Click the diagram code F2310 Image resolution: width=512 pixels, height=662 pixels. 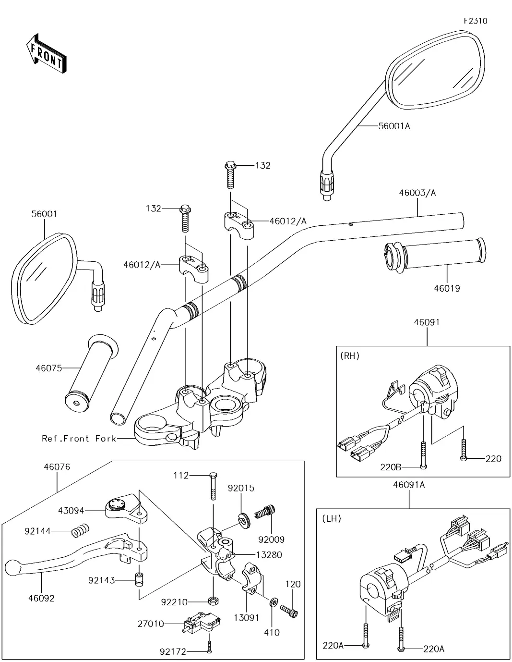click(x=475, y=21)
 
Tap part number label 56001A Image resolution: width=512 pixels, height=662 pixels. click(x=394, y=126)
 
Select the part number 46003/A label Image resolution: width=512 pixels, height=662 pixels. click(x=417, y=193)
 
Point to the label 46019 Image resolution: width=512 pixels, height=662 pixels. click(x=447, y=288)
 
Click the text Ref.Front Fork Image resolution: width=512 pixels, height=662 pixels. click(x=79, y=438)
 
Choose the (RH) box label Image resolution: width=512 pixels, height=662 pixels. click(x=349, y=356)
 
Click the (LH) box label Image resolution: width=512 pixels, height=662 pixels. click(x=330, y=518)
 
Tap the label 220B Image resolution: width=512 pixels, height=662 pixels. click(x=390, y=466)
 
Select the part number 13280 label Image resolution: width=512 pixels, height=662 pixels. click(x=269, y=554)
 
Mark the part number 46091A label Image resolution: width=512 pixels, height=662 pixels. click(x=409, y=485)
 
